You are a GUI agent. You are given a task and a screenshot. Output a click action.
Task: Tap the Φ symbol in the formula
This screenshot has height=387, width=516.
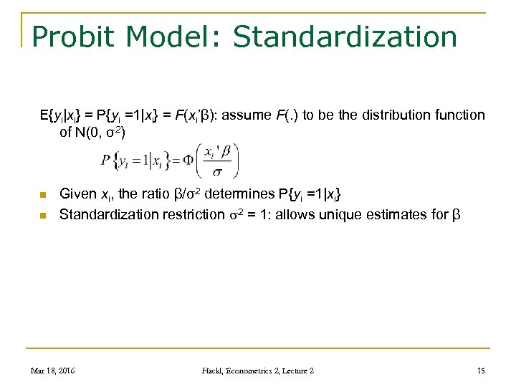tap(188, 160)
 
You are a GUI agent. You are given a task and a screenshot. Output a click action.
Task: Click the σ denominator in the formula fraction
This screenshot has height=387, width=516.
tap(217, 173)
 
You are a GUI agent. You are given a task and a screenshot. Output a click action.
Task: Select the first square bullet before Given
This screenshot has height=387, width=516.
tap(43, 195)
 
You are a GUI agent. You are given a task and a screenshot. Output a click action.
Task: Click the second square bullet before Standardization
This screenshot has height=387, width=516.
tap(43, 214)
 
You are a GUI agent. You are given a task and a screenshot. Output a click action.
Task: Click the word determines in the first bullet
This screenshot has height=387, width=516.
tap(239, 193)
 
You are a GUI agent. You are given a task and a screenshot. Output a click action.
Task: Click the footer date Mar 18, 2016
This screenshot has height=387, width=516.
tap(53, 370)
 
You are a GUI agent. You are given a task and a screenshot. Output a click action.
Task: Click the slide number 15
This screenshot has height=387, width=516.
tap(480, 370)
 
